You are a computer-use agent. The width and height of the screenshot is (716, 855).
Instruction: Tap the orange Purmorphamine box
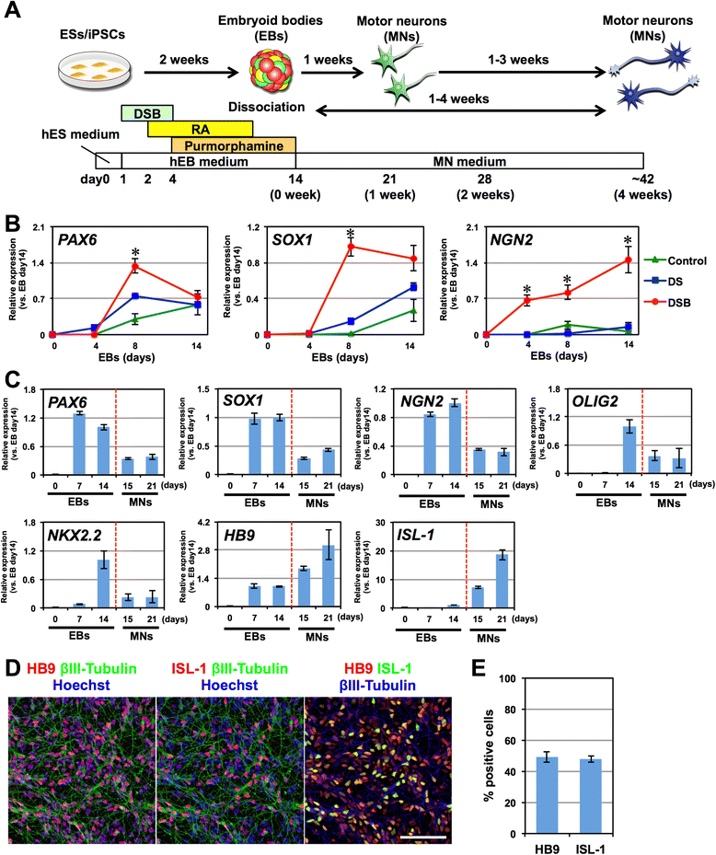click(x=234, y=144)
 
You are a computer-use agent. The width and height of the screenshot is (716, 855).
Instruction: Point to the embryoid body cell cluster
click(x=274, y=70)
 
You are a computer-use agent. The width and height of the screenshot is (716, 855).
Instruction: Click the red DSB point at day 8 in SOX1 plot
click(x=350, y=247)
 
